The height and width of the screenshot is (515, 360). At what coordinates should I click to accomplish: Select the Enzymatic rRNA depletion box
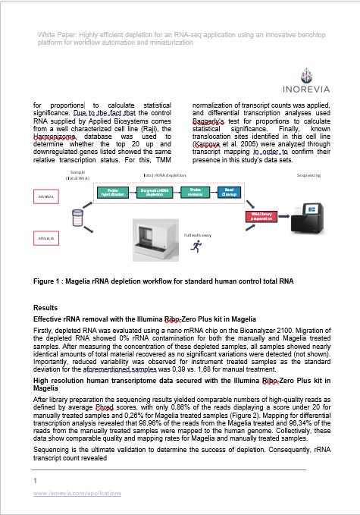pyautogui.click(x=155, y=192)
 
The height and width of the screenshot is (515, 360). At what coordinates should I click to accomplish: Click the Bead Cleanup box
pyautogui.click(x=230, y=192)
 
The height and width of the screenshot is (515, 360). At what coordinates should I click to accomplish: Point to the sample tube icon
pyautogui.click(x=76, y=218)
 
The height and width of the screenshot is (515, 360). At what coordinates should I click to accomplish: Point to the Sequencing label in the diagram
pyautogui.click(x=308, y=175)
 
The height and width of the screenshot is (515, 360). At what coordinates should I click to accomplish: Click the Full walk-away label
pyautogui.click(x=197, y=234)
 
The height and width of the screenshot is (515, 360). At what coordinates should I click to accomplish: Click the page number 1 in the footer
pyautogui.click(x=36, y=481)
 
